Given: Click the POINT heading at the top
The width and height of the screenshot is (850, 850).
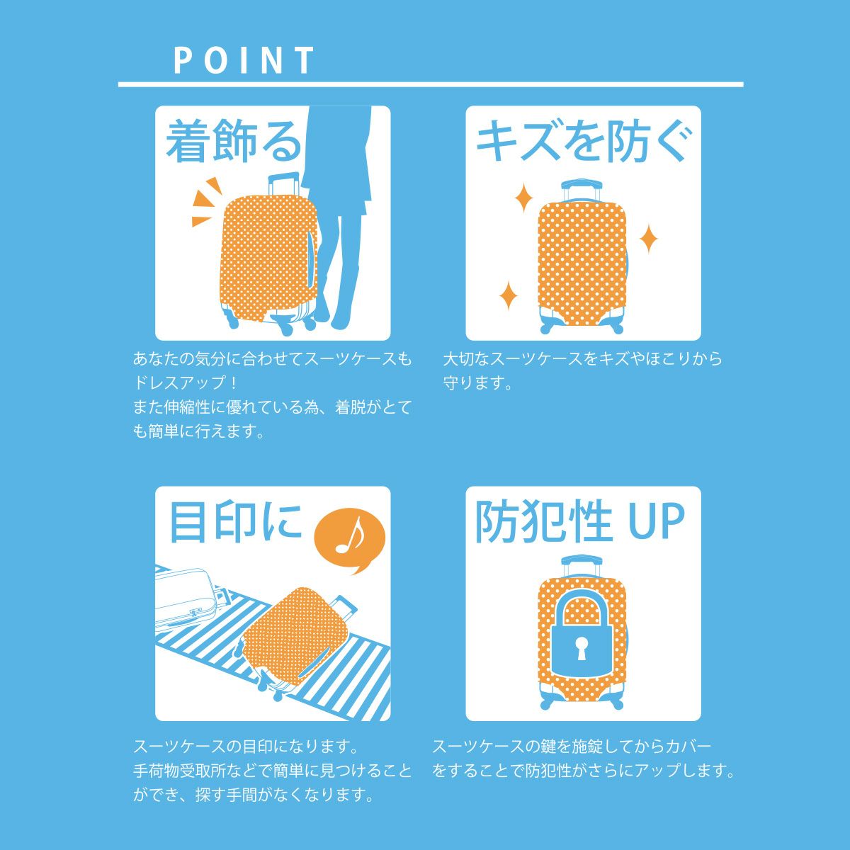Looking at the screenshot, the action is click(244, 60).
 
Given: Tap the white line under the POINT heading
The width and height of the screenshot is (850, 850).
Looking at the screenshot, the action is click(431, 84).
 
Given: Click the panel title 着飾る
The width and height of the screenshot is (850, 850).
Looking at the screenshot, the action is click(233, 141).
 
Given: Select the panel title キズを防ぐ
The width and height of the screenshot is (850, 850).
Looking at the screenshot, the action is click(583, 141).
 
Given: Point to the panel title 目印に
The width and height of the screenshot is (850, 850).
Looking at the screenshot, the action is click(235, 522).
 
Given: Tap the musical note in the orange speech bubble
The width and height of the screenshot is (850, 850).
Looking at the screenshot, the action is click(350, 537).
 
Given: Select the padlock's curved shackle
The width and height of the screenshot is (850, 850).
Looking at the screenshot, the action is click(582, 602).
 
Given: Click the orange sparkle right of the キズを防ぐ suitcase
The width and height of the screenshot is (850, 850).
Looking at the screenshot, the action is click(648, 239).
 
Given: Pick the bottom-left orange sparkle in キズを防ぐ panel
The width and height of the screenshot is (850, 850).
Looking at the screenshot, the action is click(508, 295).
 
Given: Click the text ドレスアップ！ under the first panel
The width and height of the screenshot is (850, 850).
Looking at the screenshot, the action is click(186, 382).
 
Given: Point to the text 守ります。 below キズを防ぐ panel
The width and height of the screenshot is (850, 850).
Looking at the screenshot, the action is click(477, 382).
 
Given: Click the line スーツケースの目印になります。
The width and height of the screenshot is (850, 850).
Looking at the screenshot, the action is click(246, 747).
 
